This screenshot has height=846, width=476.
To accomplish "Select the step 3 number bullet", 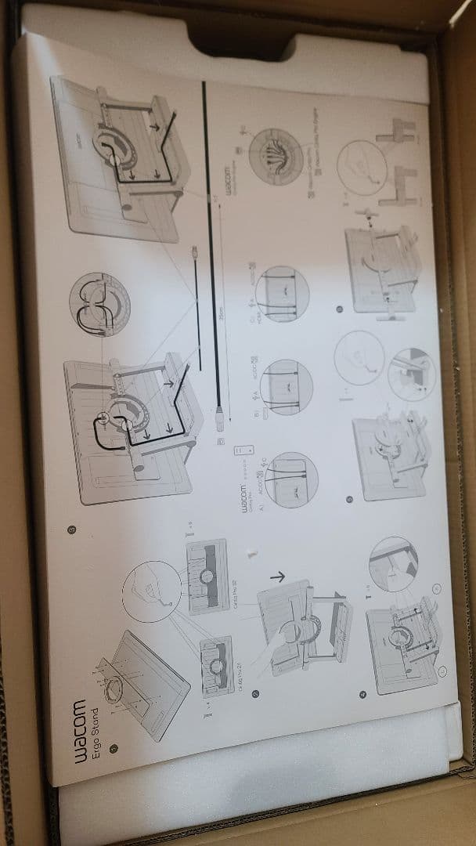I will click(71, 530).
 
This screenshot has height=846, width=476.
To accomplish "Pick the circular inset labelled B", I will click(287, 386).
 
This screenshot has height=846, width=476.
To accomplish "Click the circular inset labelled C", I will click(283, 293).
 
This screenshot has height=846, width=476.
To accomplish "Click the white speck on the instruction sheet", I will click(251, 551).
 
